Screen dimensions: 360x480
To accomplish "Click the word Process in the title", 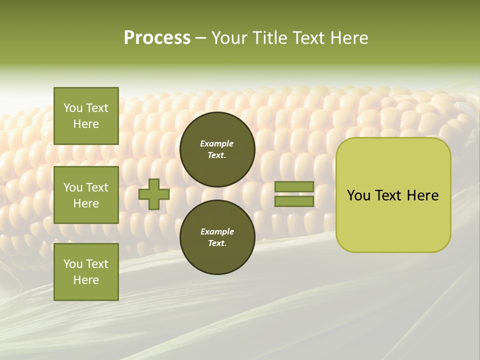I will [x=157, y=38].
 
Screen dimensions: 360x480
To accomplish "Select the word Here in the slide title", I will [x=347, y=38].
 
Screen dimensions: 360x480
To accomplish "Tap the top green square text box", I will [x=86, y=116].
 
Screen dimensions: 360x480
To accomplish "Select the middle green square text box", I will [x=86, y=195].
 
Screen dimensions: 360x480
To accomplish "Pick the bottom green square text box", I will [x=86, y=272].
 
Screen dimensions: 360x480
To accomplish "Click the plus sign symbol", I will [x=154, y=194].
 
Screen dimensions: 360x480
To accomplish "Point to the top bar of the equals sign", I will [x=294, y=186].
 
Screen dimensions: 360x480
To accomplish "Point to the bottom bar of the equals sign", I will [x=294, y=201].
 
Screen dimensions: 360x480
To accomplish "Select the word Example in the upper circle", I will [x=217, y=143].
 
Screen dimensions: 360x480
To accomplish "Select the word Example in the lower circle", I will [x=217, y=231].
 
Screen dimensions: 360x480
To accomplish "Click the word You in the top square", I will [x=73, y=108].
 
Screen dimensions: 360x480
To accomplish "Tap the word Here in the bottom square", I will [x=86, y=280].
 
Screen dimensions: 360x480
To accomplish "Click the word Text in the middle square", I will [x=97, y=187].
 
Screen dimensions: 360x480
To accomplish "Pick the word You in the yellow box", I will [x=358, y=195].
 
